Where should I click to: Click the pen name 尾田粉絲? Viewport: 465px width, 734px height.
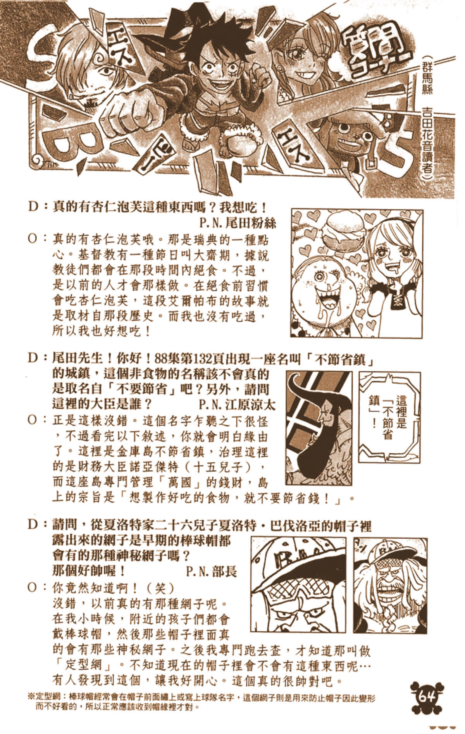pos(238,223)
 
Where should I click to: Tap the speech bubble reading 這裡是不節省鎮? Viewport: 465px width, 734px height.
pos(389,417)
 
